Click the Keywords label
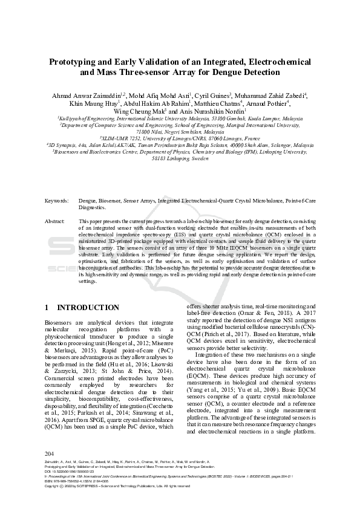coord(57,200)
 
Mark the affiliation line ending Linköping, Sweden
coord(180,158)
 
